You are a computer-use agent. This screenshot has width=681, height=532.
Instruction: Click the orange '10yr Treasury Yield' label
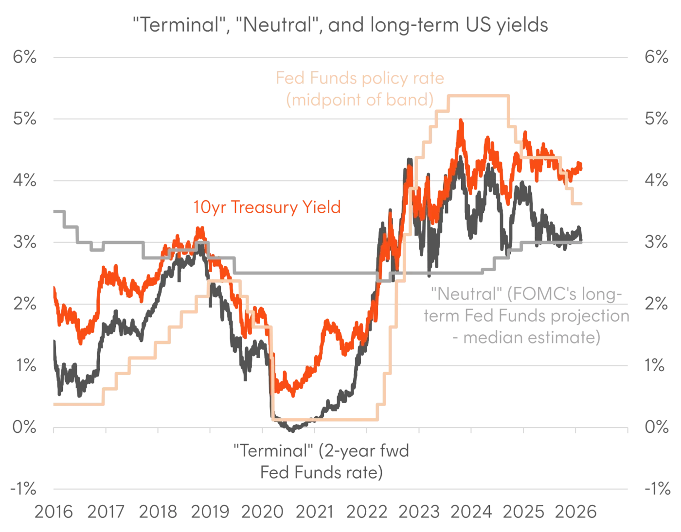[267, 208]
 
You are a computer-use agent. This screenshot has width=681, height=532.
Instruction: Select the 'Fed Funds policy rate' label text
[360, 79]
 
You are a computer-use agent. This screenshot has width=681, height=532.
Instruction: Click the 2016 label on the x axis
[53, 512]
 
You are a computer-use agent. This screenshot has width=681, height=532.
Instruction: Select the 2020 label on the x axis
[263, 512]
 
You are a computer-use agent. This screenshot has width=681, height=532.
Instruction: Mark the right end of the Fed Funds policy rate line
[583, 203]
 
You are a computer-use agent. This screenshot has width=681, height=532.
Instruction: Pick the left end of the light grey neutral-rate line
[53, 209]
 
